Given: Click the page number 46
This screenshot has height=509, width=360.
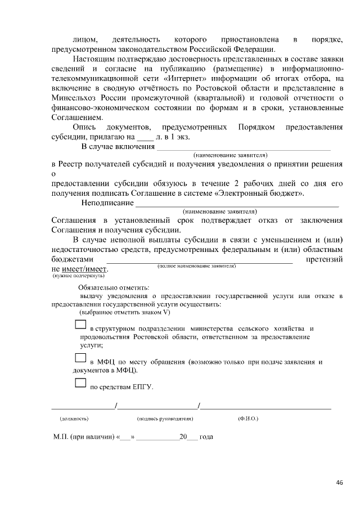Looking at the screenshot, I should click(339, 482).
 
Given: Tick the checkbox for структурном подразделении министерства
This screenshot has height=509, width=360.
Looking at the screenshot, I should click(80, 325).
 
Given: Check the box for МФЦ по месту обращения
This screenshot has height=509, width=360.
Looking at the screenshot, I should click(80, 357).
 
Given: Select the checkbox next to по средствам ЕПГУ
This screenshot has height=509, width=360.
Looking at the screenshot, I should click(80, 384).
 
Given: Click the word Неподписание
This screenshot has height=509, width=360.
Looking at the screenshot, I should click(107, 202).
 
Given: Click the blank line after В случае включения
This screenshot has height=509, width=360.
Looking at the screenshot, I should click(243, 147).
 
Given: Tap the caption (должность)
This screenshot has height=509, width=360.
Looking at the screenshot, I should click(74, 418).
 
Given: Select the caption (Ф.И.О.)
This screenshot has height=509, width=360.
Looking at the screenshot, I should click(248, 418).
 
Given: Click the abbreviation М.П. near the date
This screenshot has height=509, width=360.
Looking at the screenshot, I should click(60, 436).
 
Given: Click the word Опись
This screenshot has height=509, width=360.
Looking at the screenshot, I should click(84, 127).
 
